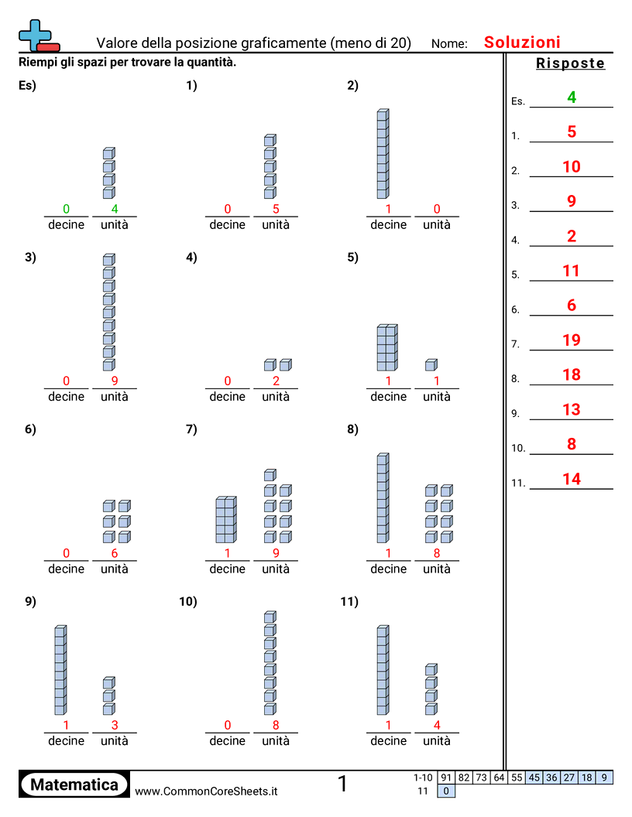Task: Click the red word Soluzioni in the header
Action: pyautogui.click(x=522, y=43)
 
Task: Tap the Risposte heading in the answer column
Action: pyautogui.click(x=570, y=63)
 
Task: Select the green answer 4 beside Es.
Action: pyautogui.click(x=572, y=97)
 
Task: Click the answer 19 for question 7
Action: pyautogui.click(x=572, y=340)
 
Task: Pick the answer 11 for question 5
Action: pyautogui.click(x=572, y=271)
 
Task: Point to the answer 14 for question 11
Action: pyautogui.click(x=572, y=479)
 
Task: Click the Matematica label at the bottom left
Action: pyautogui.click(x=74, y=785)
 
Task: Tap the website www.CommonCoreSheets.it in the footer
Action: pyautogui.click(x=206, y=791)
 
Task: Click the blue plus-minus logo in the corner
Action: pyautogui.click(x=38, y=36)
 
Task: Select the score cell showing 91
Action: pyautogui.click(x=446, y=778)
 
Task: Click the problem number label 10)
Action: pyautogui.click(x=188, y=601)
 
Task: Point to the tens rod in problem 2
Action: pyautogui.click(x=383, y=154)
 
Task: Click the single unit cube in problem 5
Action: pyautogui.click(x=431, y=364)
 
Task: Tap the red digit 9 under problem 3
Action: pyautogui.click(x=115, y=381)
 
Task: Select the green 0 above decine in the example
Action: pyautogui.click(x=66, y=209)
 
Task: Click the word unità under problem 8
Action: pyautogui.click(x=437, y=569)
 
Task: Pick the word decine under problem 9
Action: pyautogui.click(x=66, y=740)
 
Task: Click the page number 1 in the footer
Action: pyautogui.click(x=342, y=785)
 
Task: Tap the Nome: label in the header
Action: pyautogui.click(x=449, y=44)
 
